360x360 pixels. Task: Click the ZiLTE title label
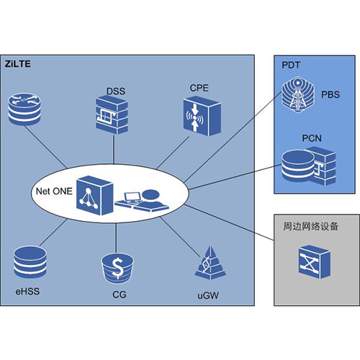coord(18,64)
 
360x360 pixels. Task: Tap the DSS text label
coord(116,91)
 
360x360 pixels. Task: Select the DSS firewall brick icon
coord(112,114)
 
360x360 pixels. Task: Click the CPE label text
coord(199,88)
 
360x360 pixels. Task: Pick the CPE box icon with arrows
coord(202,116)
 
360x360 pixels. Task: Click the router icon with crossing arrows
coord(24,109)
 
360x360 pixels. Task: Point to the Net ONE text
coord(54,191)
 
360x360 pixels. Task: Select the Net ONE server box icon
coord(94,195)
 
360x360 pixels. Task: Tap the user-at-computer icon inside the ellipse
coord(142,200)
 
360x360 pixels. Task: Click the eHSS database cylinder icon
coord(30,262)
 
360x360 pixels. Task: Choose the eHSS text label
coord(27,291)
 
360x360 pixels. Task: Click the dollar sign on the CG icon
coord(117,269)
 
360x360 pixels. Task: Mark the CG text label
coord(120,294)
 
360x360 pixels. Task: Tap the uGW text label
coord(208,295)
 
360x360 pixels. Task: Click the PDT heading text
coord(291,65)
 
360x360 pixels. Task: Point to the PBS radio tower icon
coord(297,94)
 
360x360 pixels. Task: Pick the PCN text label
coord(312,138)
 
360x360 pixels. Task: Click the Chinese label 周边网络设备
coord(310,226)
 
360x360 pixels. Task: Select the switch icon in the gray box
coord(315,261)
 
